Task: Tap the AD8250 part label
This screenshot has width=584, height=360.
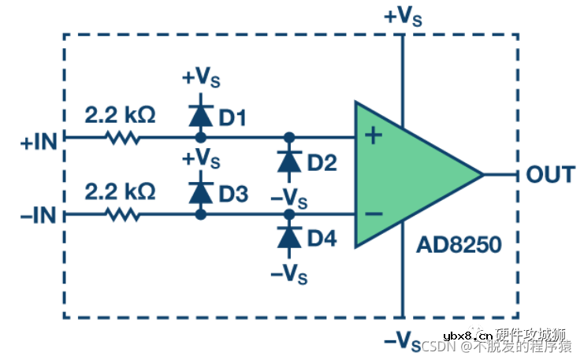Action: (x=458, y=246)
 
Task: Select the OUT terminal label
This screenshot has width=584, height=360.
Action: (x=550, y=174)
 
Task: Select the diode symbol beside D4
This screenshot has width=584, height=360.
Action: (x=289, y=236)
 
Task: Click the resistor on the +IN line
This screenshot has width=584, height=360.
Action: (x=121, y=137)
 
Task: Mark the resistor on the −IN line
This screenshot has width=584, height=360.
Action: (x=121, y=213)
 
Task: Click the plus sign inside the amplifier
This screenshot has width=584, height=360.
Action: (x=374, y=136)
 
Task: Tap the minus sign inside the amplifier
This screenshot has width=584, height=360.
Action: (x=374, y=213)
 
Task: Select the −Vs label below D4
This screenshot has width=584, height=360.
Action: (x=289, y=273)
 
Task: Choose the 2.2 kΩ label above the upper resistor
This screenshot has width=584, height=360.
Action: (x=120, y=114)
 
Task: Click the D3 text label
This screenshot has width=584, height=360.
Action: (x=233, y=194)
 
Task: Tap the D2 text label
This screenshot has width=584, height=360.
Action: (x=322, y=163)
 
